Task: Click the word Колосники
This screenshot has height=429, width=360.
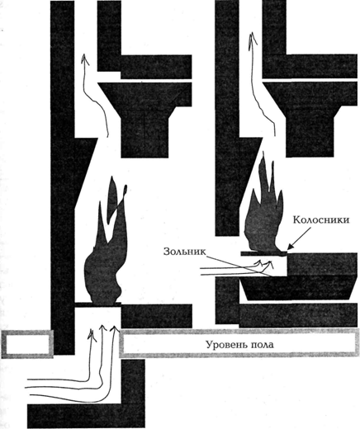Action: click(321, 219)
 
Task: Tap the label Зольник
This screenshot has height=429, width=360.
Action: click(185, 252)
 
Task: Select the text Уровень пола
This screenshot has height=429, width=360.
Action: click(240, 344)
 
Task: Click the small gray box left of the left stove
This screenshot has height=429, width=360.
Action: click(27, 344)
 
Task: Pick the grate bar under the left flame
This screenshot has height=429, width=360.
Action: click(98, 304)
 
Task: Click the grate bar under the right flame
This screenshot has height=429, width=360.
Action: click(264, 253)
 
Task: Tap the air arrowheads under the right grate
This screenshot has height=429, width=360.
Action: click(264, 263)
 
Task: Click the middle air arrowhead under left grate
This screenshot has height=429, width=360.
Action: click(102, 328)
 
